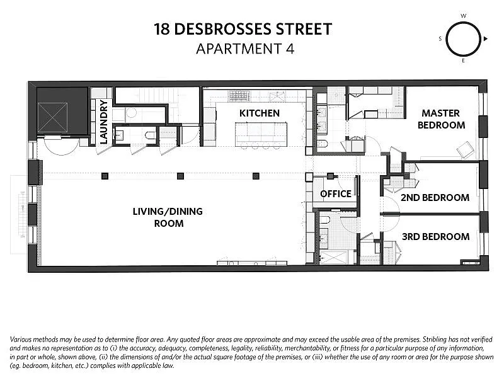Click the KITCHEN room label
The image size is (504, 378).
[260, 113]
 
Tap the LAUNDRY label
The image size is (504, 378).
[103, 122]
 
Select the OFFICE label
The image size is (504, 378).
[336, 194]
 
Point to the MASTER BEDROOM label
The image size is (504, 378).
[441, 119]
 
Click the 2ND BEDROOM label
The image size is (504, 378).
[435, 197]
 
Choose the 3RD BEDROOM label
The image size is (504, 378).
[435, 237]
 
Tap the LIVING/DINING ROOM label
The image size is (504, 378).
[168, 217]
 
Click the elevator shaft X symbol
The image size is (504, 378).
[52, 118]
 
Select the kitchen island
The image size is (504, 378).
[261, 134]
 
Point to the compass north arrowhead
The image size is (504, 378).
[486, 39]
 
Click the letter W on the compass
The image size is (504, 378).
[463, 16]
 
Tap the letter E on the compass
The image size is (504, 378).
[463, 60]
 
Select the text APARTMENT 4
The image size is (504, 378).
[245, 49]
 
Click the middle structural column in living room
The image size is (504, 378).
[180, 176]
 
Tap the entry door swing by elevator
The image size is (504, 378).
[61, 146]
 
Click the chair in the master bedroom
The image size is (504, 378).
[465, 150]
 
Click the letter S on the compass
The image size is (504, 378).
[440, 39]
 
